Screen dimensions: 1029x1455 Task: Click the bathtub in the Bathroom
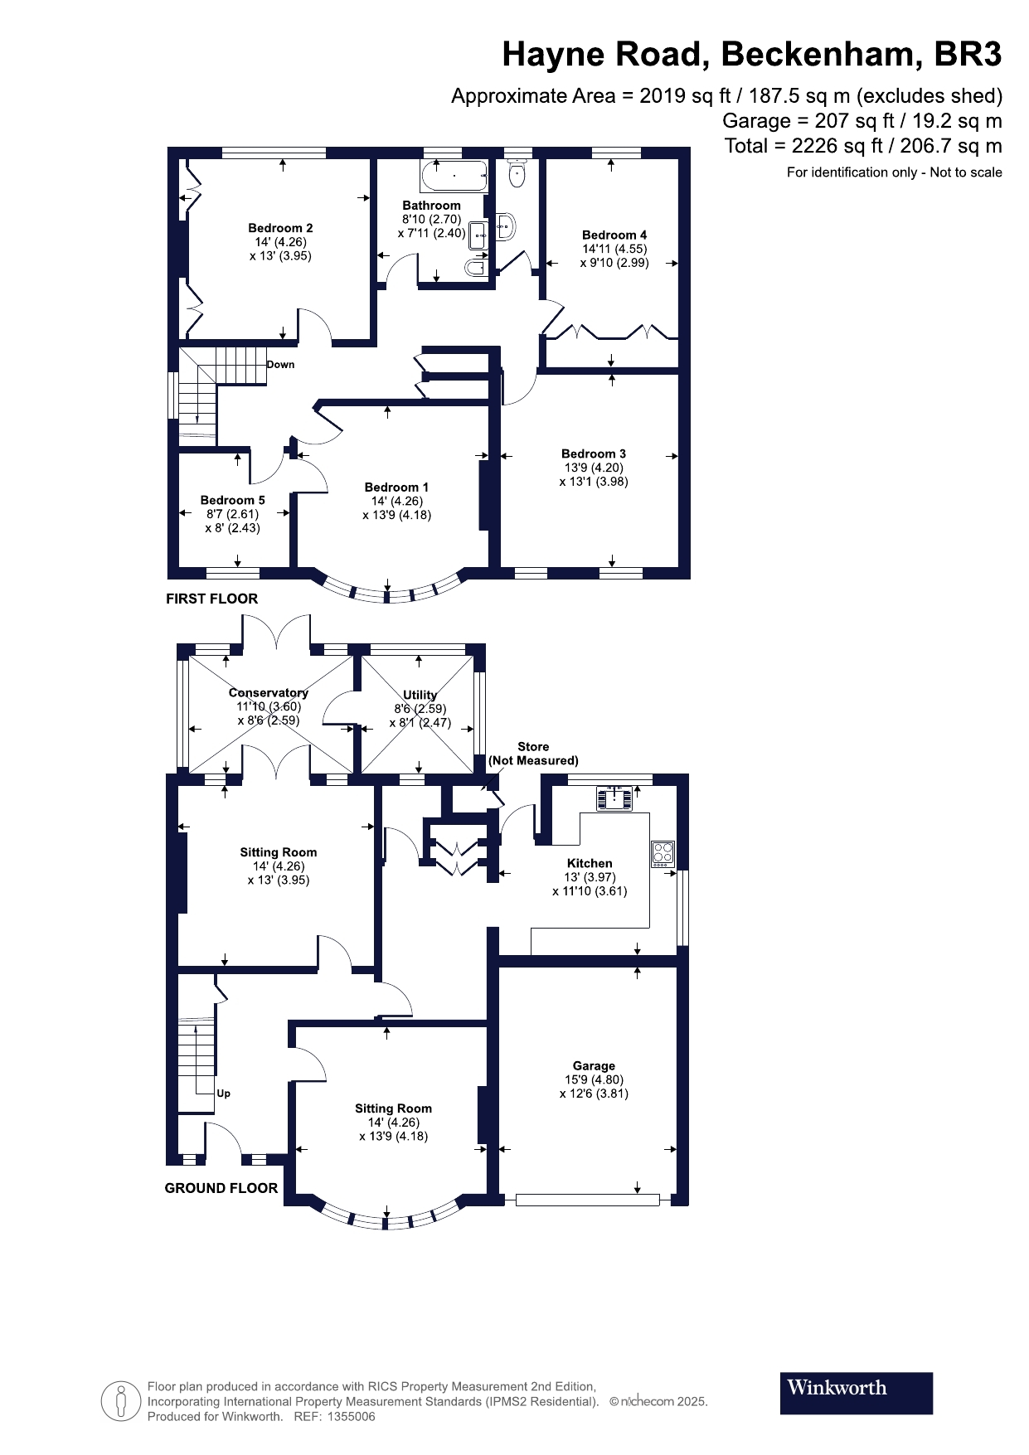[x=454, y=176]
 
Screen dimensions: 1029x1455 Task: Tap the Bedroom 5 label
[x=233, y=500]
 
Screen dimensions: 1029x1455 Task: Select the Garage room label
[x=594, y=1065]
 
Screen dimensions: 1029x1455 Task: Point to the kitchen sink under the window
[x=614, y=798]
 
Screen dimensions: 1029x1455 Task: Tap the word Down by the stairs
[x=280, y=364]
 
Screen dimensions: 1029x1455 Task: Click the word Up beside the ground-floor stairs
[x=223, y=1093]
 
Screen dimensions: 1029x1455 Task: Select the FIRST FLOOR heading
[x=212, y=599]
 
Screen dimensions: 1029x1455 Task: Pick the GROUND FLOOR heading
[x=221, y=1188]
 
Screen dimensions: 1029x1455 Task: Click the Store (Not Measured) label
[x=533, y=754]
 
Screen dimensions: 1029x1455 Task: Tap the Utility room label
[x=420, y=695]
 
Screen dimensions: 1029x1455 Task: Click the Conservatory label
[x=269, y=692]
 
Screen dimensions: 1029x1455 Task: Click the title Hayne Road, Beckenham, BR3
[x=752, y=55]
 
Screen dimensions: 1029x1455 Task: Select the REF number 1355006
[x=352, y=1417]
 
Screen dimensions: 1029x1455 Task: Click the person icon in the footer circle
[x=122, y=1401]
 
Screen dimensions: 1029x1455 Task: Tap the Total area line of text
[x=863, y=146]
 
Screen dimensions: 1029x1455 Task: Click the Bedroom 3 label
[x=594, y=453]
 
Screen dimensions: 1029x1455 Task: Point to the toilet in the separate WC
[x=517, y=172]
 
